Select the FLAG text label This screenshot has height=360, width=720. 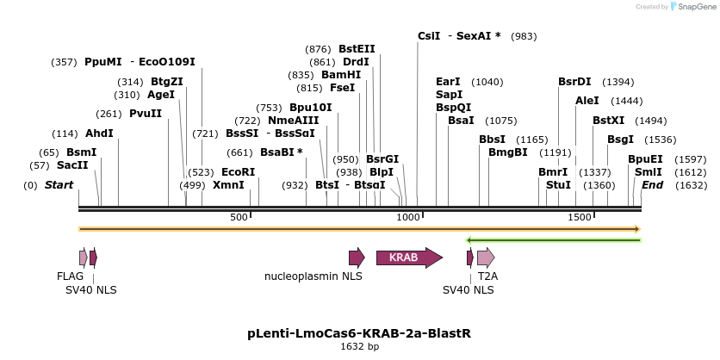pos(71,276)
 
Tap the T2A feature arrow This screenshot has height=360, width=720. pos(486,257)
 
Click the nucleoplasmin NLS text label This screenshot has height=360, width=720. pos(313,276)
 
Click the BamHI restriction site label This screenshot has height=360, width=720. pos(341,75)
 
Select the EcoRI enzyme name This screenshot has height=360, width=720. pos(238,172)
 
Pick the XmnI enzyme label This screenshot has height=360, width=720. pos(228,185)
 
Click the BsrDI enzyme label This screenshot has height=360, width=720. pos(574,82)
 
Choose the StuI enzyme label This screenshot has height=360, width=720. pos(558,185)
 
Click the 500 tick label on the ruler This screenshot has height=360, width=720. pos(239,217)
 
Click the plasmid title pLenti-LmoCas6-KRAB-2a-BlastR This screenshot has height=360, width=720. pos(359,332)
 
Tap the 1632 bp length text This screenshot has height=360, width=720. pos(359,346)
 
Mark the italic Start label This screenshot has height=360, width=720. pos(59,185)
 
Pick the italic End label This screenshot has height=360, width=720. pos(653,185)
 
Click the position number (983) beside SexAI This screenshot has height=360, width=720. pos(524,36)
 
